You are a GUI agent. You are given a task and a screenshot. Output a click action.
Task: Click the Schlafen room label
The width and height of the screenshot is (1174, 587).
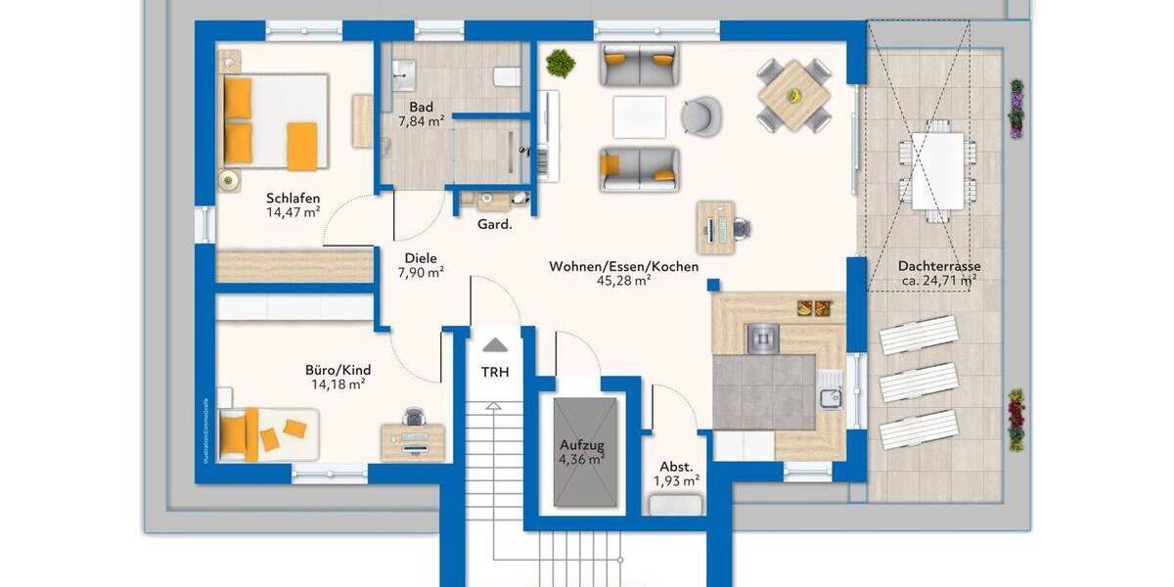click(x=293, y=199)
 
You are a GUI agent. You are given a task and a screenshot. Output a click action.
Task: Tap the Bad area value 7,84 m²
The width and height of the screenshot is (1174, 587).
click(x=422, y=121)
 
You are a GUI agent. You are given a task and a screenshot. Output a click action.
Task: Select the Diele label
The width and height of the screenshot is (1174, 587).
click(x=421, y=259)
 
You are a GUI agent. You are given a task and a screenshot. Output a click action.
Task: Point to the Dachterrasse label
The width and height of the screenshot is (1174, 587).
click(x=938, y=266)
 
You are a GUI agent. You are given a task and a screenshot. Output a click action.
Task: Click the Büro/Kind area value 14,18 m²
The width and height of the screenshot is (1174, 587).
click(x=338, y=384)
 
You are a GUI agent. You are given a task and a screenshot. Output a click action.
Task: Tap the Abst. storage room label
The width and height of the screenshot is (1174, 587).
click(x=676, y=467)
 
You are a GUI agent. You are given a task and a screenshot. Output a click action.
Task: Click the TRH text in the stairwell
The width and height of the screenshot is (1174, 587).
click(x=494, y=372)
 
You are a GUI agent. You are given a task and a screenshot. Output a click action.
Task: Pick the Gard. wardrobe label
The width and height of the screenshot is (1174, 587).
click(x=494, y=225)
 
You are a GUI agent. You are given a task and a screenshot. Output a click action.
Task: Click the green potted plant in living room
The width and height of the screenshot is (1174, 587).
click(x=561, y=64)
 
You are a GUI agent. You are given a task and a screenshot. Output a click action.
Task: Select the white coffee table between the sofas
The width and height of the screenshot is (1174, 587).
click(x=639, y=116)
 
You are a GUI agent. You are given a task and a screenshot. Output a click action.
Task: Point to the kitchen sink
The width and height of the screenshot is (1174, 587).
click(x=832, y=397)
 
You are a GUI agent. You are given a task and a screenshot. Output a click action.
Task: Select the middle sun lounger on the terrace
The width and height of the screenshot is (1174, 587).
click(x=920, y=382)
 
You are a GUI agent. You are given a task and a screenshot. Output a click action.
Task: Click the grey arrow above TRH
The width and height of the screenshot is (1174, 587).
click(x=495, y=344)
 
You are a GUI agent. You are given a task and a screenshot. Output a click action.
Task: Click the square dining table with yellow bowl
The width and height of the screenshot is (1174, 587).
click(x=793, y=95)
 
